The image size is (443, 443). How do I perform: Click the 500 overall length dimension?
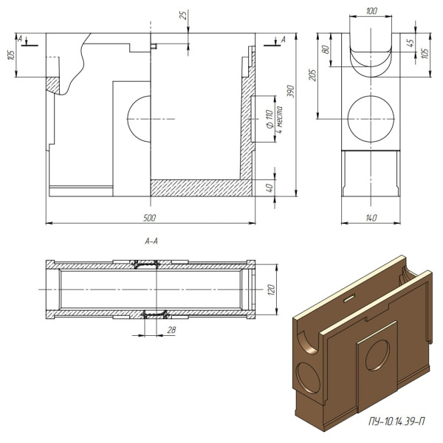[x=150, y=218]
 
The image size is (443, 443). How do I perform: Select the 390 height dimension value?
[x=290, y=92]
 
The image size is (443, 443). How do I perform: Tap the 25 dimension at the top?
[x=182, y=16]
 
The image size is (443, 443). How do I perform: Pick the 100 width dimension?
[x=371, y=11]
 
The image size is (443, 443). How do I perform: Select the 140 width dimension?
[x=371, y=218]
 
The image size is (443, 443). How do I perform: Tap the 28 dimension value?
[x=171, y=329]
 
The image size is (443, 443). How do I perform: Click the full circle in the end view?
[x=371, y=118]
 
